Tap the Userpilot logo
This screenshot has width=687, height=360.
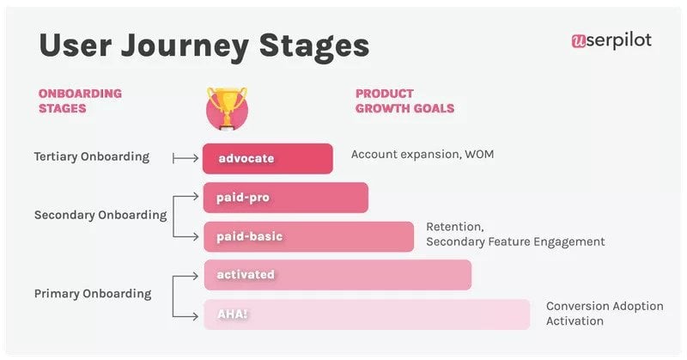tap(611, 40)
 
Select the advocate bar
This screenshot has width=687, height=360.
tap(267, 158)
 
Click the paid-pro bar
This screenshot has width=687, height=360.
tap(285, 198)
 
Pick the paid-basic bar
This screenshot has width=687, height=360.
tap(308, 236)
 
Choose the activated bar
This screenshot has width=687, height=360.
tap(337, 275)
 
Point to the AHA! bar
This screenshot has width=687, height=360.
tap(367, 314)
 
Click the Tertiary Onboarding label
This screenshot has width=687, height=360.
tap(91, 157)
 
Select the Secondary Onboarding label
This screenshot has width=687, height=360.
tap(100, 216)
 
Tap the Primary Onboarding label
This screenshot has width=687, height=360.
tap(92, 294)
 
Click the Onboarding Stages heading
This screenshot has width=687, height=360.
tap(80, 101)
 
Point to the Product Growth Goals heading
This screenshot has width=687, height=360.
tap(404, 101)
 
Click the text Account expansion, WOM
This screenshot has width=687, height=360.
tap(422, 155)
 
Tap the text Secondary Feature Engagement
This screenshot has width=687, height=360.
tap(515, 242)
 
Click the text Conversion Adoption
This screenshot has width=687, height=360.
tap(605, 306)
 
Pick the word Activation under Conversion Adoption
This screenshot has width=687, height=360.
tap(575, 321)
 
